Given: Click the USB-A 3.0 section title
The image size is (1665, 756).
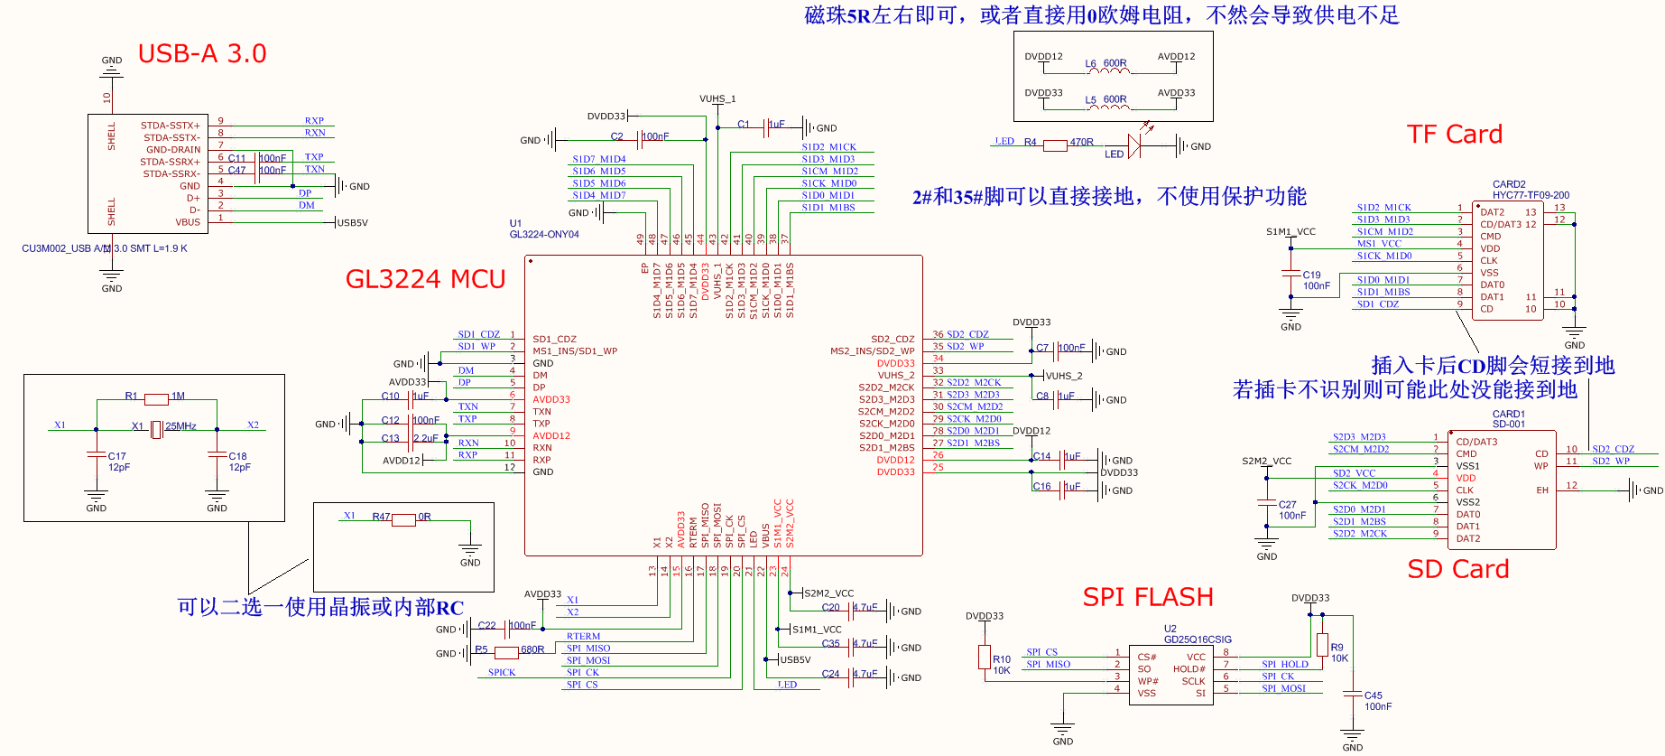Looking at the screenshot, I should (x=202, y=54).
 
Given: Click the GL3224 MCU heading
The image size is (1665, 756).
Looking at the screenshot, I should (x=425, y=279).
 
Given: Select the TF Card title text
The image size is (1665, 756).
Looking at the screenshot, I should (x=1455, y=135).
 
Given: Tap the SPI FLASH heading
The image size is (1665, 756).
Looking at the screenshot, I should (x=1148, y=597).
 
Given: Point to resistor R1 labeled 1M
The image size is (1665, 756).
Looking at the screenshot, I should (x=157, y=398).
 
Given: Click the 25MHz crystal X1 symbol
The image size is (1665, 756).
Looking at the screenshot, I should (x=156, y=430).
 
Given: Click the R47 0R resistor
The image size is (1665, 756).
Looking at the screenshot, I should (x=403, y=519).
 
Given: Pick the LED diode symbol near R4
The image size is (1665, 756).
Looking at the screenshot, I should (x=1134, y=145).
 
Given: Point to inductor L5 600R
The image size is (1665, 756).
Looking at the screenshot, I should (x=1106, y=104).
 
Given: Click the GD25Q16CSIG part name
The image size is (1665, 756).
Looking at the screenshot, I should (x=1197, y=639).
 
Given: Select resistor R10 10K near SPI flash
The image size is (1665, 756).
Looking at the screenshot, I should (x=985, y=658).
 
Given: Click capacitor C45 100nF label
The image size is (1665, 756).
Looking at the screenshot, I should (x=1377, y=701).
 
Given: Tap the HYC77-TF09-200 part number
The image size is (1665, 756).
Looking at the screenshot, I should (x=1531, y=195).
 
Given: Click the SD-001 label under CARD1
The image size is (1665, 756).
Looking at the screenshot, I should (x=1508, y=424).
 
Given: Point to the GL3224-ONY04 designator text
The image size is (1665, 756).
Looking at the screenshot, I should (x=544, y=235).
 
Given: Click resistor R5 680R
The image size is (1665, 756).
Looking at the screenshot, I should (x=506, y=651).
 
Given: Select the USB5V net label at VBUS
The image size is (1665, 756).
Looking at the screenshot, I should (x=352, y=223).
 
